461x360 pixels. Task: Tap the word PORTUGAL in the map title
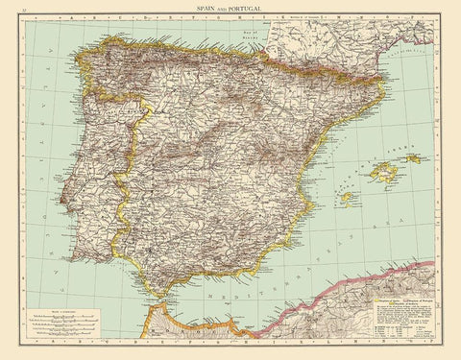[249, 7]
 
